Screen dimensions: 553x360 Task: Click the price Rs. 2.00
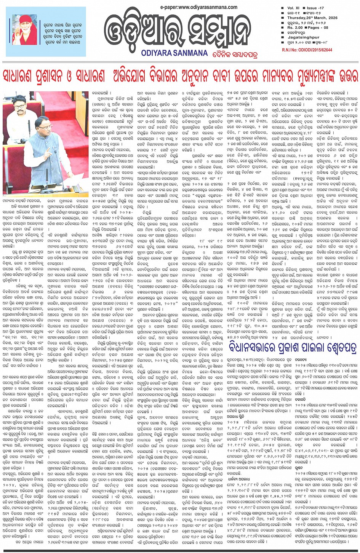click(295, 28)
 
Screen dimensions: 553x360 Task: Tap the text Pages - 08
click(318, 28)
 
